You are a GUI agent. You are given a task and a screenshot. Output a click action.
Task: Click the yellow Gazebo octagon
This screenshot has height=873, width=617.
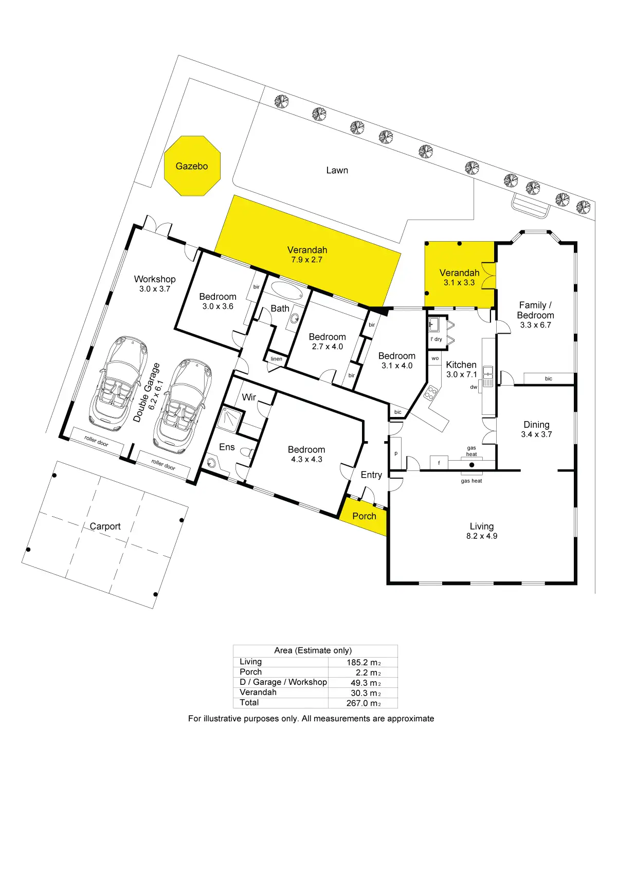192,166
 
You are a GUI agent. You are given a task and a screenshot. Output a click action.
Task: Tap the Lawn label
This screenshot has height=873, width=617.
337,170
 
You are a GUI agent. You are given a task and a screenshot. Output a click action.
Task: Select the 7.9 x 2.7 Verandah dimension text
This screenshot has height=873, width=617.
307,260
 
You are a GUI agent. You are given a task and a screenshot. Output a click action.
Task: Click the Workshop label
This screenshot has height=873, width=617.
155,279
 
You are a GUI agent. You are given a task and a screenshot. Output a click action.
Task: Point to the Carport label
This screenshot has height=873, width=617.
105,526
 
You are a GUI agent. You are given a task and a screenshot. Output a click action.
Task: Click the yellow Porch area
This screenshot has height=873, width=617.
364,516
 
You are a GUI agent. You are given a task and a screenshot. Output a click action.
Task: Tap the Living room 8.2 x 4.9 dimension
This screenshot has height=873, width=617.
482,536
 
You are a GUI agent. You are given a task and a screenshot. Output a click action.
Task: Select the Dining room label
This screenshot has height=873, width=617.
536,425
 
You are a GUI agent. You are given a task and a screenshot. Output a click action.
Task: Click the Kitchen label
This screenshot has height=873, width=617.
461,365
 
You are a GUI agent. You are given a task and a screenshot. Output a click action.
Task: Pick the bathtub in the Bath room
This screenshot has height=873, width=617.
286,290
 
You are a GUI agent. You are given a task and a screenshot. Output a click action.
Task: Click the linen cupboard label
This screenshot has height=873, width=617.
277,359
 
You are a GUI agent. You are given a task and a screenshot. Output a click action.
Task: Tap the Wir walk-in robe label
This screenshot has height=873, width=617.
249,397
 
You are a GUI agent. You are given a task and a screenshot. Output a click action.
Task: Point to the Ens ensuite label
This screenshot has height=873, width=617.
227,447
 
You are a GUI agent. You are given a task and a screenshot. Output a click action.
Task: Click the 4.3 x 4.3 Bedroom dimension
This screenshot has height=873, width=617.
306,459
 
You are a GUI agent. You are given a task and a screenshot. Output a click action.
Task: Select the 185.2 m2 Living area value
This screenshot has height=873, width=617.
364,662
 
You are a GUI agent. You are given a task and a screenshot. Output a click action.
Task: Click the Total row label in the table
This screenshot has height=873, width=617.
249,702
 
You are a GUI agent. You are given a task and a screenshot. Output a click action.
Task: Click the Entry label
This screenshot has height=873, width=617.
371,475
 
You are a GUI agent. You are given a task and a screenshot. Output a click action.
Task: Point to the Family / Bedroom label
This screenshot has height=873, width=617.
535,310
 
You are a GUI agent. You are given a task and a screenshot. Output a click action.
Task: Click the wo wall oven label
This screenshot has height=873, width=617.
435,358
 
